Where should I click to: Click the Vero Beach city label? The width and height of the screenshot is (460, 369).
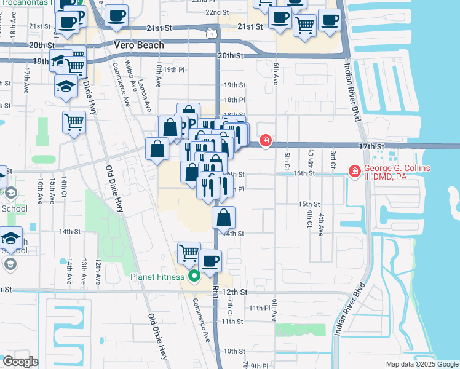click(140, 45)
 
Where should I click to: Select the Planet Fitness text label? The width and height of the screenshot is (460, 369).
click(157, 277)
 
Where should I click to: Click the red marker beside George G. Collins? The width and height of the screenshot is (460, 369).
click(354, 171)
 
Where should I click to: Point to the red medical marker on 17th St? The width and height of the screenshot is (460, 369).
click(266, 141)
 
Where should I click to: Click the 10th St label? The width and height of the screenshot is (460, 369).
click(234, 351)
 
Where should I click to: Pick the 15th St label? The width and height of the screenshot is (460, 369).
click(309, 204)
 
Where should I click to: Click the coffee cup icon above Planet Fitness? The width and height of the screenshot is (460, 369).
click(210, 261)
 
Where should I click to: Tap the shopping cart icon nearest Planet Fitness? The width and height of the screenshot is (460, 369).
click(189, 252)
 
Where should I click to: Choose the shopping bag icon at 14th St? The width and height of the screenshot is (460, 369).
click(224, 218)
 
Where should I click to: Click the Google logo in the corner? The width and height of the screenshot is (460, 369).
click(20, 362)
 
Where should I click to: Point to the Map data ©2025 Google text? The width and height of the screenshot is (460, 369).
click(421, 364)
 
